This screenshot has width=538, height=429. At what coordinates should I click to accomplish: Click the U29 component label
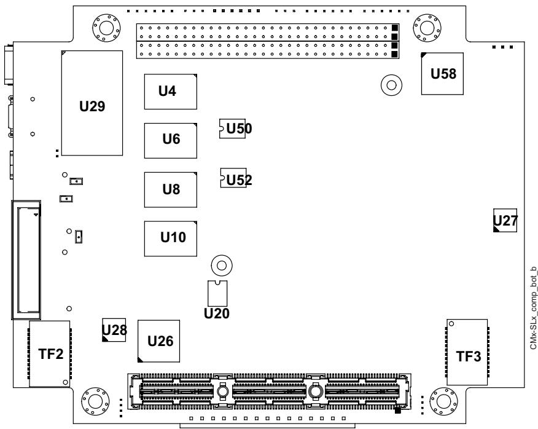tap(92, 106)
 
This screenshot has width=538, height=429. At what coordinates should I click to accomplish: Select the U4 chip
tap(171, 92)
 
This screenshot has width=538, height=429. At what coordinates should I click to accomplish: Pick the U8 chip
tap(171, 189)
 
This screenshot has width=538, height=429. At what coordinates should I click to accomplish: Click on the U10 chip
tap(171, 238)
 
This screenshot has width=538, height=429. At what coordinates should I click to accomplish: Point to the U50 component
tap(233, 129)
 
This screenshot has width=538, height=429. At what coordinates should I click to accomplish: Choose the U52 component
tap(233, 178)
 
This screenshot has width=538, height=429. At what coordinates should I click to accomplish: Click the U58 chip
tap(442, 74)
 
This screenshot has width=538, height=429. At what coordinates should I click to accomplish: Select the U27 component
tap(505, 220)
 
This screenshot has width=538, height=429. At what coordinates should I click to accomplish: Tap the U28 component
tap(114, 329)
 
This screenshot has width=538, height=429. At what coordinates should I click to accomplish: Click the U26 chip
tap(158, 341)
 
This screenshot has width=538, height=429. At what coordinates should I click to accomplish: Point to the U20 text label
tap(217, 313)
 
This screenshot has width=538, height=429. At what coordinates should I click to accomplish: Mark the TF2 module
tap(50, 354)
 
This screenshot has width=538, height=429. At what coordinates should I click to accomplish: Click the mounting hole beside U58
tap(391, 85)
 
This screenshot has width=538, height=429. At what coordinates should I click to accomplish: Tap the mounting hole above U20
tap(222, 266)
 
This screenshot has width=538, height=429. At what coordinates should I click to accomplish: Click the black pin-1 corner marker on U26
tap(140, 360)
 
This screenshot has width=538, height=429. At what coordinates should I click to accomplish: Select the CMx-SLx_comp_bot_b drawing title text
tap(533, 308)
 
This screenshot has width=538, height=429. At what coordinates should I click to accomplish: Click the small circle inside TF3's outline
tap(451, 323)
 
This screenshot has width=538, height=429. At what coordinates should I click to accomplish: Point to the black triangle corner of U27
tap(496, 229)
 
